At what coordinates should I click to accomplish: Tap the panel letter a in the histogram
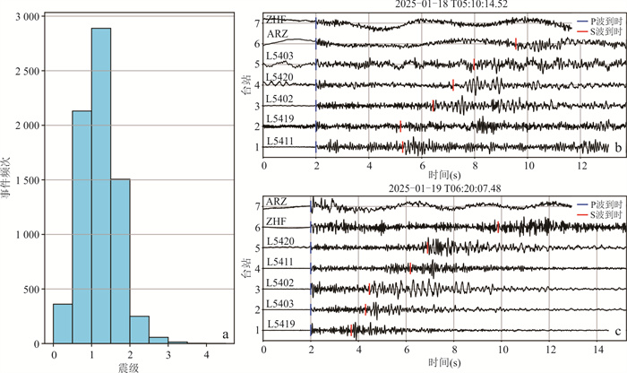pyautogui.click(x=224, y=336)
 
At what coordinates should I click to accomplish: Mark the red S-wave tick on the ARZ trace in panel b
pyautogui.click(x=517, y=43)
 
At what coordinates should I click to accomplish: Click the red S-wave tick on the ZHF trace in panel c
pyautogui.click(x=498, y=228)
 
